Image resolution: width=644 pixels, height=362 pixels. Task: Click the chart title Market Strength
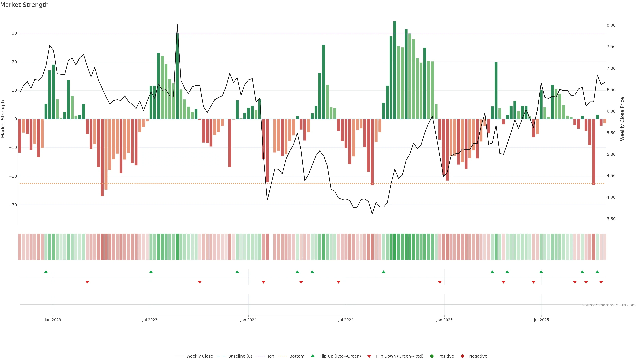coord(24,5)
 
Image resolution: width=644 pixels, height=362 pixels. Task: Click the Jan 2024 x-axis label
coord(248,320)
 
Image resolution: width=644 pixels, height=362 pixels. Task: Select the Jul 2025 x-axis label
coord(541,320)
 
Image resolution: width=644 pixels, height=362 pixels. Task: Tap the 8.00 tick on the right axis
coord(611,25)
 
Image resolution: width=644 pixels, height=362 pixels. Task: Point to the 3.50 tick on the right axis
coord(611,219)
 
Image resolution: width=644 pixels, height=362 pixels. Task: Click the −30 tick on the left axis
coord(13,205)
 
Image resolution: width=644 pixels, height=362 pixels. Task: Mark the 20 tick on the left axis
coord(14,62)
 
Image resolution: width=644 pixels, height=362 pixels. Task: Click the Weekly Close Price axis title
coord(622,119)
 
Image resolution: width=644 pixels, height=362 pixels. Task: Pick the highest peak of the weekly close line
coord(177,24)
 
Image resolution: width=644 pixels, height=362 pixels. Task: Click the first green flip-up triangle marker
coord(46,272)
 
